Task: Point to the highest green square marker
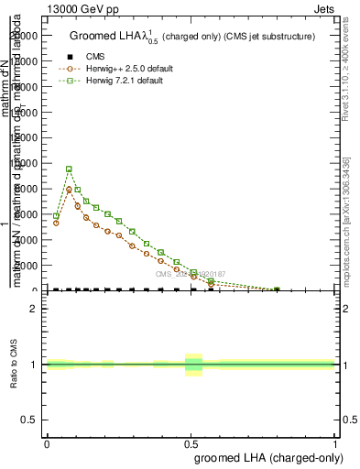69,169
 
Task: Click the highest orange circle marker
69,190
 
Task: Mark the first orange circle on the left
56,223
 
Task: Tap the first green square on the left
56,216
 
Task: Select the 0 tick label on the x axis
47,443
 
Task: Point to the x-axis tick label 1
335,443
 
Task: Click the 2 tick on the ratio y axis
35,309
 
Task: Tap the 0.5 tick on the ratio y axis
31,420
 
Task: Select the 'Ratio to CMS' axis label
13,364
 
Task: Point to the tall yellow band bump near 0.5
193,365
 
